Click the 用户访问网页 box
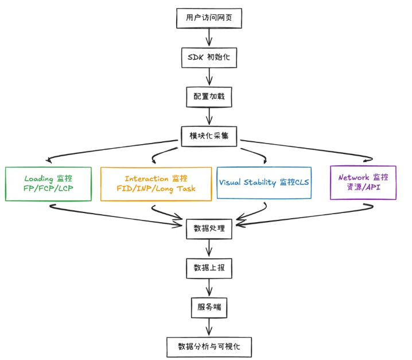point(209,18)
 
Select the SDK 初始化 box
point(209,57)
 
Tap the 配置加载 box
point(209,96)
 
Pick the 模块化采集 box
point(209,136)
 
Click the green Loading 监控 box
point(48,184)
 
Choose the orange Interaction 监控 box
point(156,184)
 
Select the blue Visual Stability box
point(264,183)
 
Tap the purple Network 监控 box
point(363,183)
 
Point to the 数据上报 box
point(209,268)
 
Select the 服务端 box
point(209,308)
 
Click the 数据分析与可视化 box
point(209,347)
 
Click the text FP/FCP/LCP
point(48,189)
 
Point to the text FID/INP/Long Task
point(156,189)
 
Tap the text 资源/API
point(363,188)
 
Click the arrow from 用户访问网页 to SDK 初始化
point(209,38)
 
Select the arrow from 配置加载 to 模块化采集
point(209,116)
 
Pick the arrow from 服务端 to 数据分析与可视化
point(209,327)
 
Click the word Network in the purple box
point(354,177)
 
